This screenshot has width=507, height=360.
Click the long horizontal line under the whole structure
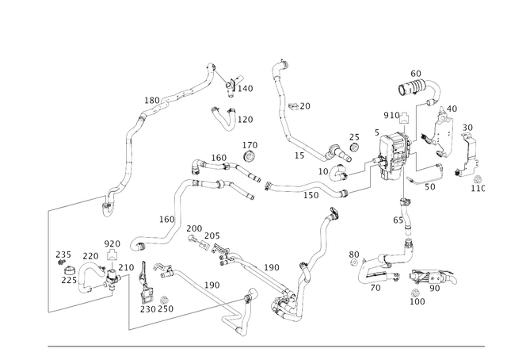point(266,346)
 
